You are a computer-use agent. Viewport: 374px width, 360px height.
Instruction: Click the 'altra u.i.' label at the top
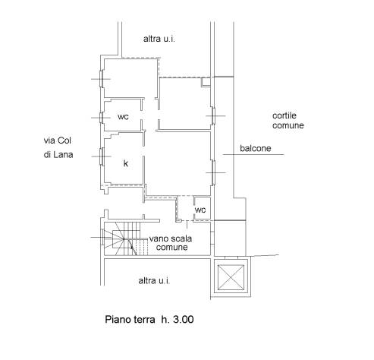click(x=159, y=39)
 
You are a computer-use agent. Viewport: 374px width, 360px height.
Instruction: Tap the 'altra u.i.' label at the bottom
click(x=154, y=280)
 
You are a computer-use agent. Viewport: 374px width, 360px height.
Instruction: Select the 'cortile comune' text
click(x=288, y=121)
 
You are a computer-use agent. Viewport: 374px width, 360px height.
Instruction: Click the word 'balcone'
click(x=256, y=148)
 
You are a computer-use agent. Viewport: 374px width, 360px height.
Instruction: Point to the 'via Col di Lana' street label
click(x=58, y=147)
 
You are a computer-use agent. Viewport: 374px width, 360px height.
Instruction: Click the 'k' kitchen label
click(x=126, y=163)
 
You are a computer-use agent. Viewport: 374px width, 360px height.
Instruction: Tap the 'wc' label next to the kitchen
click(x=123, y=117)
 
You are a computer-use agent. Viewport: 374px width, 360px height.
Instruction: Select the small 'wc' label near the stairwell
click(x=200, y=210)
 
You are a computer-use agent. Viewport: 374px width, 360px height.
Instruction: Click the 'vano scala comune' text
click(x=171, y=243)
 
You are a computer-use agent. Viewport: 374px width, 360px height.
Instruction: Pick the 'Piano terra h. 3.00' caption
click(x=149, y=319)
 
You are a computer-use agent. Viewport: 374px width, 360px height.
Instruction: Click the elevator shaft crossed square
click(x=231, y=277)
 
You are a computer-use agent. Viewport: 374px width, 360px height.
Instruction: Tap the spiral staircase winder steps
click(x=118, y=238)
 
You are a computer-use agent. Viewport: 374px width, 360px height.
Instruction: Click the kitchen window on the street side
click(x=102, y=156)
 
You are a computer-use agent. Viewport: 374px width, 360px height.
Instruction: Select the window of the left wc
click(x=102, y=118)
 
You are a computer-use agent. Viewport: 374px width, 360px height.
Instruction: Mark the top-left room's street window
click(x=102, y=79)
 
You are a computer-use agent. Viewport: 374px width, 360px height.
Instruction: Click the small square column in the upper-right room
click(x=206, y=82)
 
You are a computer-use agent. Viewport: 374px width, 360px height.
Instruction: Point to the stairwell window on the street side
click(x=102, y=237)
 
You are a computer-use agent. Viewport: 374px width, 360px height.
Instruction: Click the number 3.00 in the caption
click(x=184, y=319)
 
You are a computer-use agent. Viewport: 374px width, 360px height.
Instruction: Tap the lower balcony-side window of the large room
click(x=214, y=172)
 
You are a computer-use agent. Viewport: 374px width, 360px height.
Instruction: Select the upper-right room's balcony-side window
click(x=214, y=115)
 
